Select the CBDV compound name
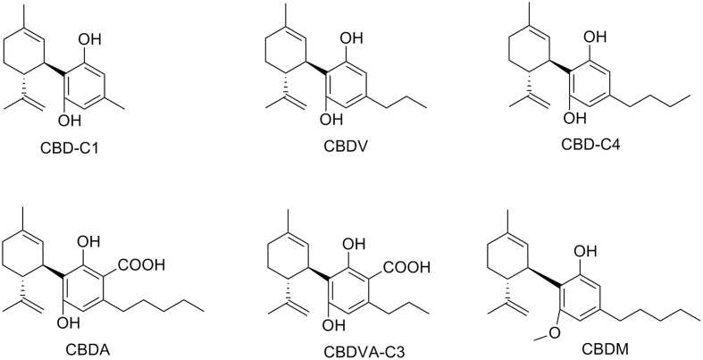(345, 147)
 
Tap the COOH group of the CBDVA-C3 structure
(406, 268)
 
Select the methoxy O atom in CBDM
(555, 332)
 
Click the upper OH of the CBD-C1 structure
(89, 39)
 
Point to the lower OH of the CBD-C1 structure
(69, 120)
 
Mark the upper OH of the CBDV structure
(352, 38)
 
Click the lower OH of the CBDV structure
(331, 119)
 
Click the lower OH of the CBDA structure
(69, 322)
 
